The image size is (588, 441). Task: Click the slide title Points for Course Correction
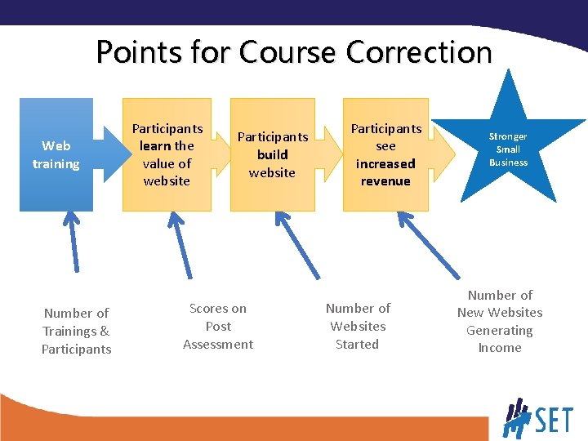(294, 52)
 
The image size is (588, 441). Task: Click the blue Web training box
(56, 154)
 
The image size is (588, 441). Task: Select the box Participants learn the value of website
(167, 154)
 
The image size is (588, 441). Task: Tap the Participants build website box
(272, 154)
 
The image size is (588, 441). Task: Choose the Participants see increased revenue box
(386, 154)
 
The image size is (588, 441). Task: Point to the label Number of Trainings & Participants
(77, 331)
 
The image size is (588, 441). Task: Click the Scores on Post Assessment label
(218, 326)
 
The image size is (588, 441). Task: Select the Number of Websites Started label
(358, 326)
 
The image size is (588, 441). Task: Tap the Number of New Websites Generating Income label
(500, 321)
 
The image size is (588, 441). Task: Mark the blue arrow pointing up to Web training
(73, 241)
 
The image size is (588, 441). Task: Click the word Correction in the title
(419, 52)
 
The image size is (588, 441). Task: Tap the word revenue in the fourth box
(386, 181)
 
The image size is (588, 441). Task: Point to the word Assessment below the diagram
(218, 344)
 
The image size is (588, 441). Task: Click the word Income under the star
(500, 348)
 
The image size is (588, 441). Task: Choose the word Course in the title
(287, 52)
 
